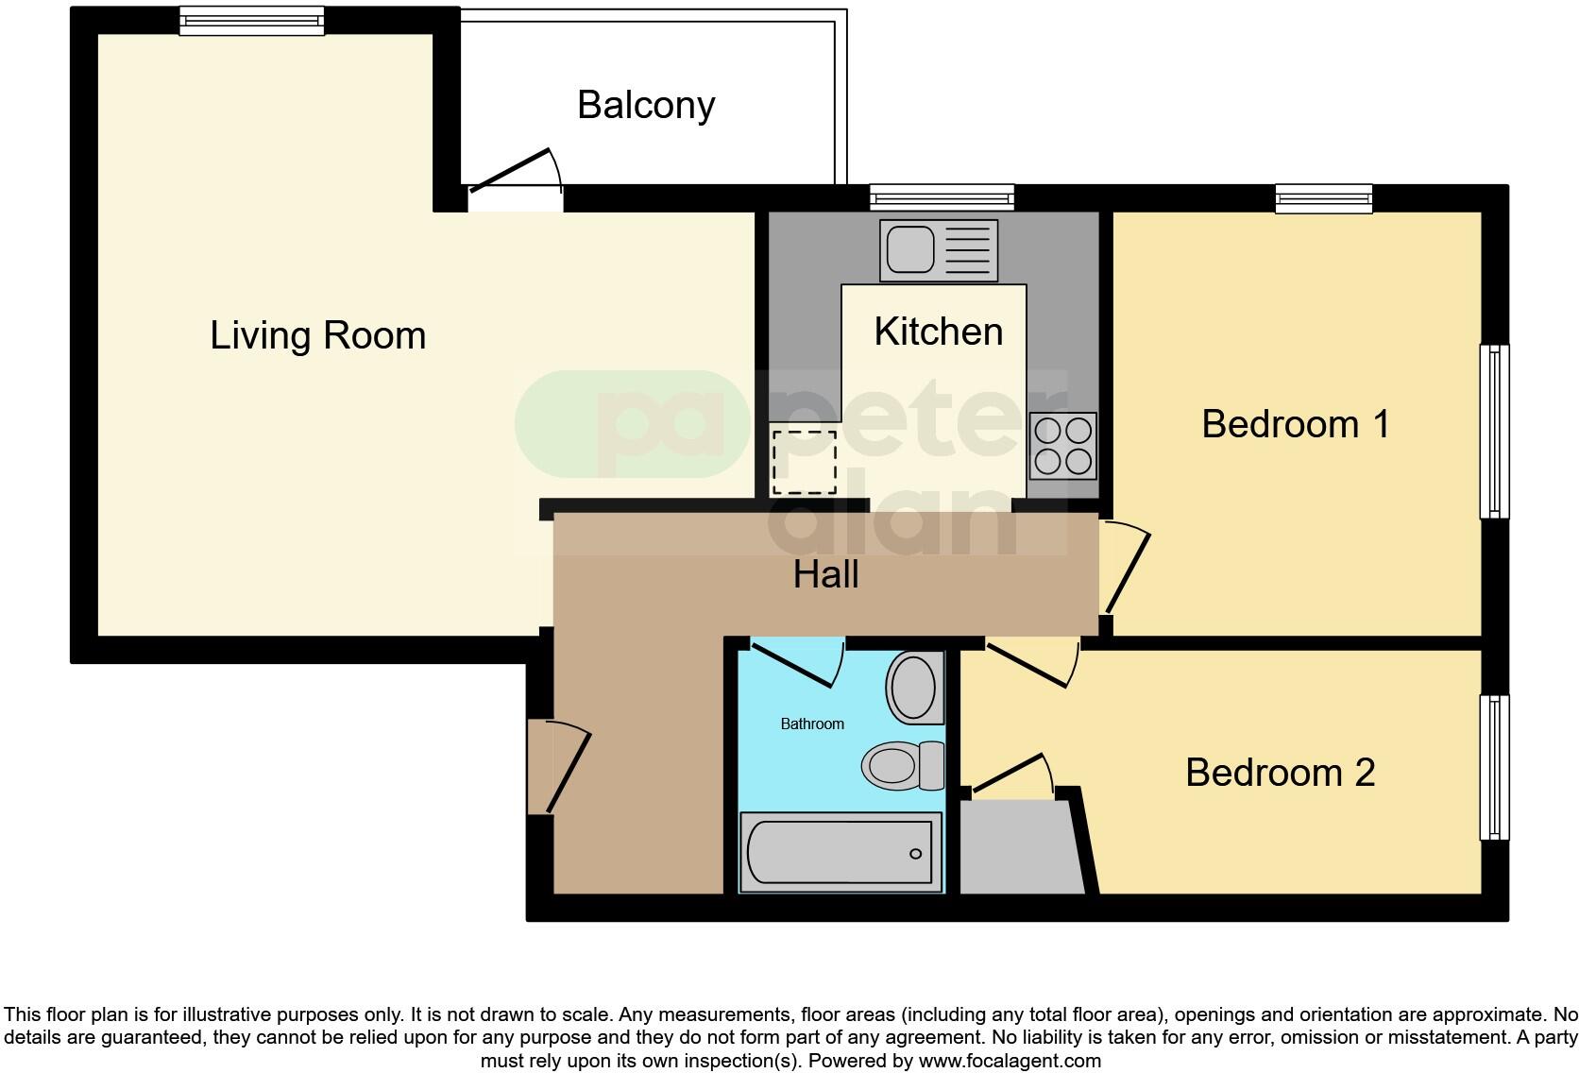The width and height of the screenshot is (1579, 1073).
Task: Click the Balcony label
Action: click(x=646, y=105)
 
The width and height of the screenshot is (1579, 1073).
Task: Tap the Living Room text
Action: click(x=317, y=335)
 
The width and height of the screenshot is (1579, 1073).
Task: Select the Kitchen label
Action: click(x=938, y=332)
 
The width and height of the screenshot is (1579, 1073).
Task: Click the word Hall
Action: click(x=825, y=574)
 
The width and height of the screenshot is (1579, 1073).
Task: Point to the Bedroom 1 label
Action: click(x=1295, y=424)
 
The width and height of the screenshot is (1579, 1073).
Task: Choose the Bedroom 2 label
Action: click(x=1280, y=773)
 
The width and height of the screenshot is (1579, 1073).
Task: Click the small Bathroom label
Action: click(x=811, y=724)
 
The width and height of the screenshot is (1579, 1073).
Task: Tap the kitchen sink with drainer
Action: click(x=938, y=250)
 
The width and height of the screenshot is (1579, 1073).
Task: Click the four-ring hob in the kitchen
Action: click(x=1063, y=445)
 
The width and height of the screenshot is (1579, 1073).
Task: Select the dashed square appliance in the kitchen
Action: click(x=804, y=462)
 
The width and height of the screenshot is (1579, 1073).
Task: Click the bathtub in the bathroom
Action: click(x=840, y=852)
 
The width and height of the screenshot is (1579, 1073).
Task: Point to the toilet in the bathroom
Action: click(x=902, y=765)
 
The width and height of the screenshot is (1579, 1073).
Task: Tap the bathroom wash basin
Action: click(x=913, y=687)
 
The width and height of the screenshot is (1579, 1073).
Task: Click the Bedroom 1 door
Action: click(x=1126, y=570)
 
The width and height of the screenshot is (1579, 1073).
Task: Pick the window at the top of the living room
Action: click(x=251, y=21)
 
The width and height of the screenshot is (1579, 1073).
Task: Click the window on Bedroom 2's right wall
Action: click(x=1493, y=767)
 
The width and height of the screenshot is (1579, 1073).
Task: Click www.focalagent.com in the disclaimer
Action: click(x=1009, y=1061)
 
